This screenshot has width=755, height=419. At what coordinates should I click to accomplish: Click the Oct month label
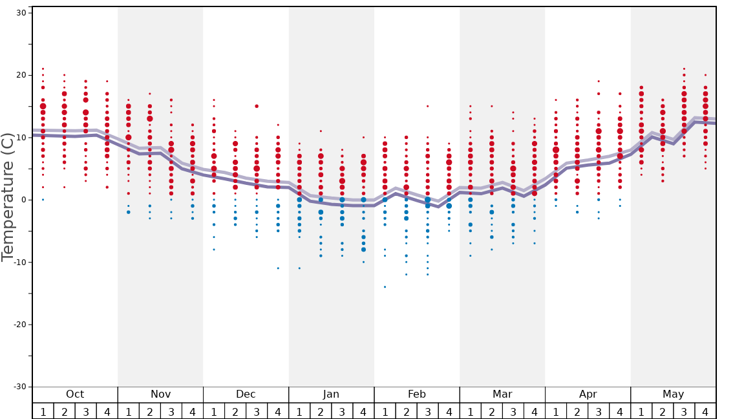pos(75,394)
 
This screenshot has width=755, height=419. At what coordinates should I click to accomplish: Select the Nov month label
pos(160,394)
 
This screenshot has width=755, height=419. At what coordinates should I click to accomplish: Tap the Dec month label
pos(246,394)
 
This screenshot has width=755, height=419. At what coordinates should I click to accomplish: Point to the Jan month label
pos(331,394)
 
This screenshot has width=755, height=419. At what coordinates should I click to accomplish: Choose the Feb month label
pos(417,394)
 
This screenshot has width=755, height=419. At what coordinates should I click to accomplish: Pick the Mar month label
pos(502,394)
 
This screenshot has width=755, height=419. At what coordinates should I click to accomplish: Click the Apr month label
pos(588,394)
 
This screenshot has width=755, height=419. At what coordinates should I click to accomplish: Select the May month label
pos(673,394)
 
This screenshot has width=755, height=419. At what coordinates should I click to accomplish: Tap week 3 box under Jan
pos(342,411)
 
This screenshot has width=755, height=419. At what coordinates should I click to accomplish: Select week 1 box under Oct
pos(43,411)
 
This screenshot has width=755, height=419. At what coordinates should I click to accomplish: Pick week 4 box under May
pos(705,411)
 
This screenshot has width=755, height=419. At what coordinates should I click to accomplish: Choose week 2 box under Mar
pos(491,411)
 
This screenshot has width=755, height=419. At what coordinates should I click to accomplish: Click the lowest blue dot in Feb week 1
pos(385,286)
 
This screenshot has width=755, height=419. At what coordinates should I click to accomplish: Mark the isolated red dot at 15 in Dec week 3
pos(257,106)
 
